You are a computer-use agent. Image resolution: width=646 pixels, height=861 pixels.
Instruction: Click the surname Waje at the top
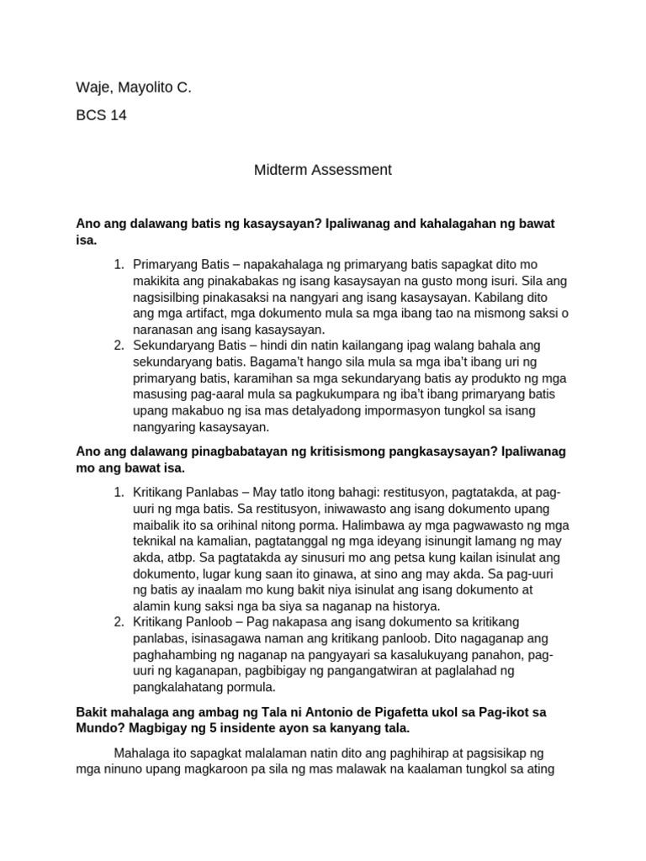point(93,87)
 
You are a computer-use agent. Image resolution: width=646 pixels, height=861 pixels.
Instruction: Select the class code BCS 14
point(101,116)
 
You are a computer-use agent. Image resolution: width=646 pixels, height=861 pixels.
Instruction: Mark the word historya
point(410,606)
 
